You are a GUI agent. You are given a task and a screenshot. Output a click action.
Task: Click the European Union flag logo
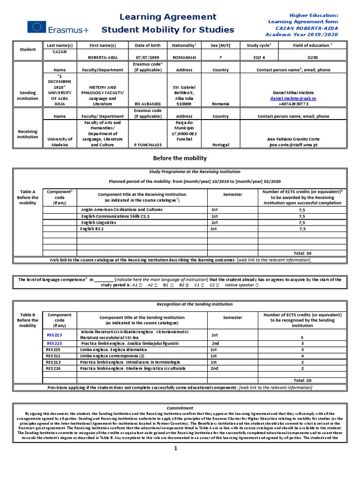[x=37, y=27]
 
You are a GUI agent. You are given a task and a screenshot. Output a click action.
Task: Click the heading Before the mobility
[x=180, y=158]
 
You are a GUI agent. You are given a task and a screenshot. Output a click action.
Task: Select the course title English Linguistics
[x=98, y=222]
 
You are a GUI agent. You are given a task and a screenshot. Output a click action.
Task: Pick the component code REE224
[x=53, y=368]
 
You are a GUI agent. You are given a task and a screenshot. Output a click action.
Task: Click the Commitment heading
[x=180, y=408]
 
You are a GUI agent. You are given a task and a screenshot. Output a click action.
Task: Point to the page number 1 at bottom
[x=176, y=462]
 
